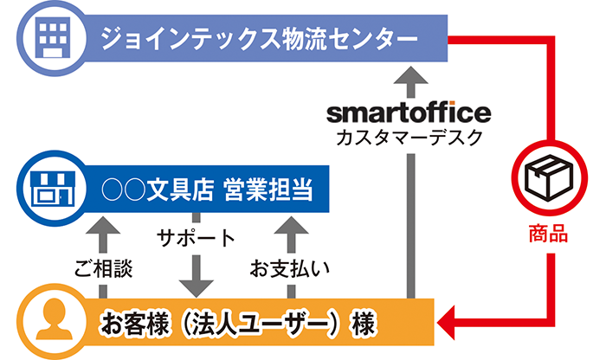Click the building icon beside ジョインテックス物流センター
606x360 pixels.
coord(53,38)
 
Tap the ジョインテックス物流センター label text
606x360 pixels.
coord(260,39)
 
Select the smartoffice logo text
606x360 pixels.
coord(409,112)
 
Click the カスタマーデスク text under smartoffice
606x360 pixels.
coord(409,138)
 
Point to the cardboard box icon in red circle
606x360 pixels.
coord(550,177)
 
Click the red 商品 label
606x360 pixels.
coord(548,234)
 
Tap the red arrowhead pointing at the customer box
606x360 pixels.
coord(446,323)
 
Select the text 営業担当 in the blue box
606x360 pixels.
coord(268,190)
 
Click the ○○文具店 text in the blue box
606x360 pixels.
coord(158,190)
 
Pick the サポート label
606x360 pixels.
coord(196,238)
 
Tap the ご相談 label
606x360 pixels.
coord(103,268)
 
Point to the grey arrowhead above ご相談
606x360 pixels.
coord(103,225)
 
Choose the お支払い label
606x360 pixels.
coord(289,268)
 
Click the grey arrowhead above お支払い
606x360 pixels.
coord(291,225)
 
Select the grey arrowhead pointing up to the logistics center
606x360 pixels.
coord(411,75)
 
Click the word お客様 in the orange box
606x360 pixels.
coord(134,324)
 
